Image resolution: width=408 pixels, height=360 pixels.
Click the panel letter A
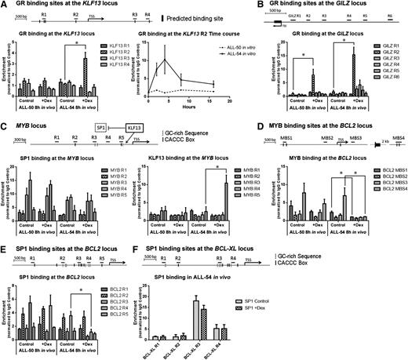4,5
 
